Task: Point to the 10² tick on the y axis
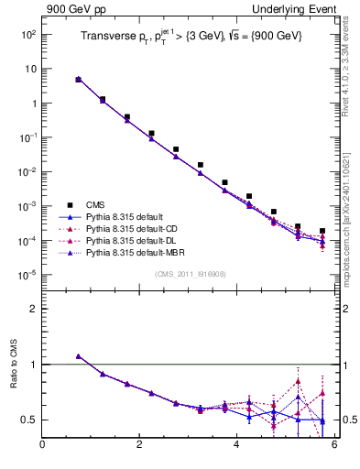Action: pyautogui.click(x=28, y=35)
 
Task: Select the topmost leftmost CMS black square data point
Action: pyautogui.click(x=79, y=80)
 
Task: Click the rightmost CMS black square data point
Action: pyautogui.click(x=322, y=232)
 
